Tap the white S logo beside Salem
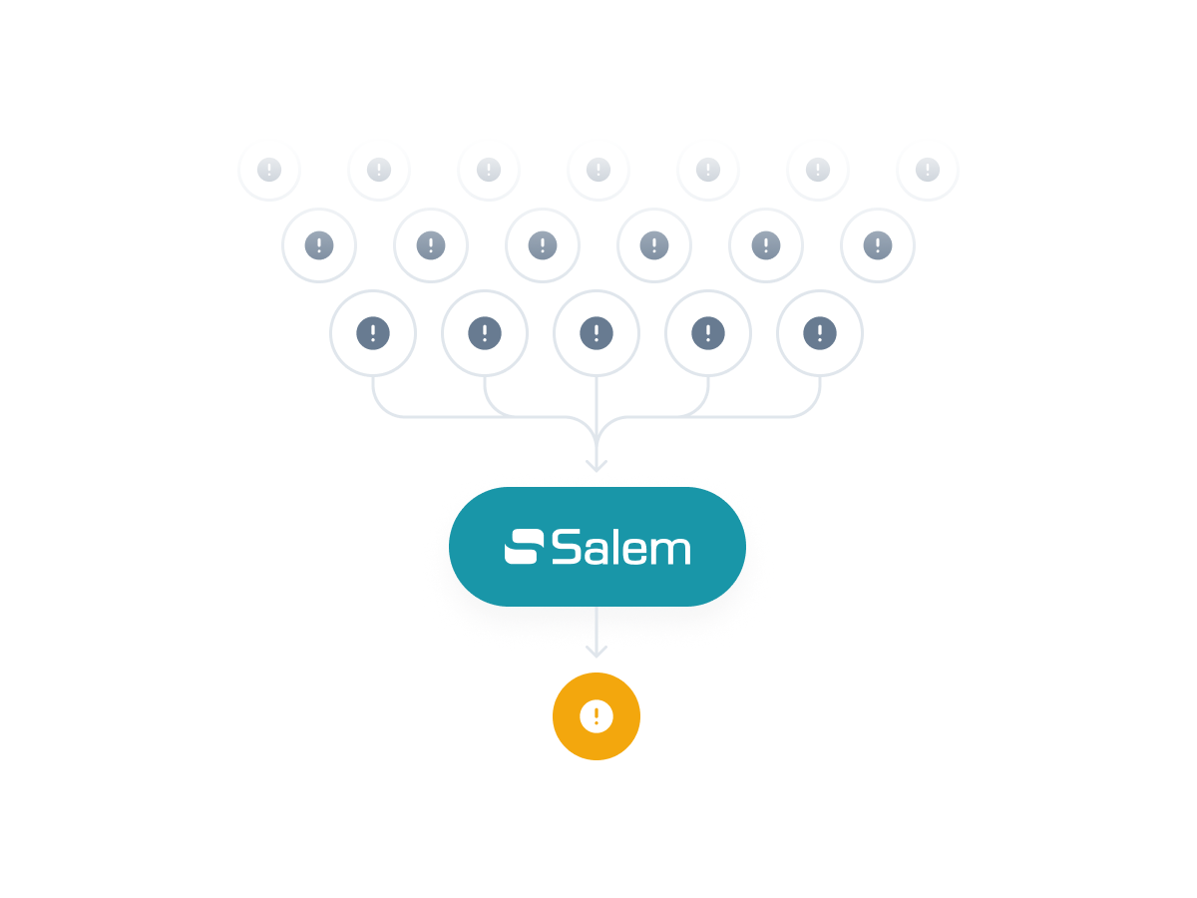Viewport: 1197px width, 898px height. click(x=524, y=547)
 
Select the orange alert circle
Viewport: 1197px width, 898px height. click(x=597, y=716)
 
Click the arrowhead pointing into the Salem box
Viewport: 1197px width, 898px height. click(x=597, y=464)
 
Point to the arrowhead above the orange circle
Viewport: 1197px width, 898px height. click(x=597, y=652)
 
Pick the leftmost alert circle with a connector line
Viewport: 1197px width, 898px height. click(x=373, y=333)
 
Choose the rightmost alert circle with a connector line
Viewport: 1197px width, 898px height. click(x=820, y=333)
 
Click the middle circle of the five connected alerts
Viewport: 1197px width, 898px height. click(x=597, y=333)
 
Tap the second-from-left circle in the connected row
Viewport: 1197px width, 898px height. click(x=485, y=333)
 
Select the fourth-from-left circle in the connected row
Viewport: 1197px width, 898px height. click(x=708, y=333)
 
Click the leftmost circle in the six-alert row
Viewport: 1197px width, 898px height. click(x=319, y=244)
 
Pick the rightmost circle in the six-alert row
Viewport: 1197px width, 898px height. click(x=878, y=244)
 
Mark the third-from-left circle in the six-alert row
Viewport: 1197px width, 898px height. click(x=543, y=244)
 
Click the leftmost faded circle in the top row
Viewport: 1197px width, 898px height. click(x=268, y=170)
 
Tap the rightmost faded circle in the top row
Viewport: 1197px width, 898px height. click(x=928, y=170)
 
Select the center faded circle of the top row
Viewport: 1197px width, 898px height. click(x=598, y=170)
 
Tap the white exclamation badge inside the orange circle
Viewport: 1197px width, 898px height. click(x=597, y=715)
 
